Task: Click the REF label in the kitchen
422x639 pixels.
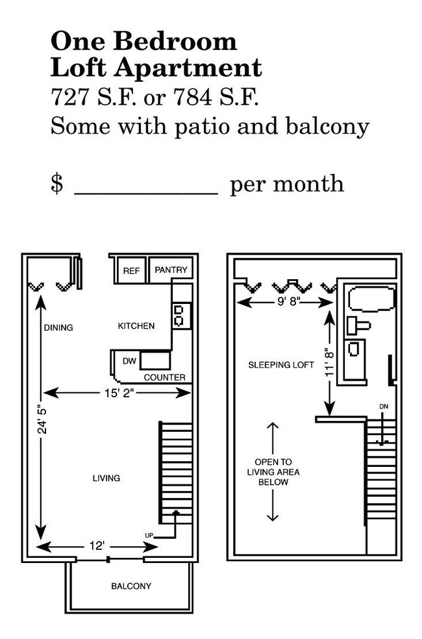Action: click(x=131, y=271)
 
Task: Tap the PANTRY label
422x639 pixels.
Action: click(x=171, y=270)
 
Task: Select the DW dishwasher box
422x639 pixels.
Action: click(x=129, y=361)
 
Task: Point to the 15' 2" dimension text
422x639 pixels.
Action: click(x=118, y=392)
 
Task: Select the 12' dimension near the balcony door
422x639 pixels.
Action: click(x=97, y=547)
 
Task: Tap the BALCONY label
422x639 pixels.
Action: click(x=131, y=586)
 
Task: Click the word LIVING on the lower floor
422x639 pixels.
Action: click(x=106, y=478)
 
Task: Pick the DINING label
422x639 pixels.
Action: click(x=58, y=327)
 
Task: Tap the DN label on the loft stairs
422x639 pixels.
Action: click(x=384, y=407)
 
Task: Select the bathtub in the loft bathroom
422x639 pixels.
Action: click(x=371, y=299)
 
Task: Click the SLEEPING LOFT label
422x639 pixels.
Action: click(x=281, y=365)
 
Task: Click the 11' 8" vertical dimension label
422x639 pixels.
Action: click(x=329, y=361)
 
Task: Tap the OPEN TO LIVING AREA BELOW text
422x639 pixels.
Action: click(x=273, y=472)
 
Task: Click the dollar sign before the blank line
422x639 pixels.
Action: click(x=57, y=184)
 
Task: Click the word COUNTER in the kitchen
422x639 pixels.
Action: click(x=164, y=377)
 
